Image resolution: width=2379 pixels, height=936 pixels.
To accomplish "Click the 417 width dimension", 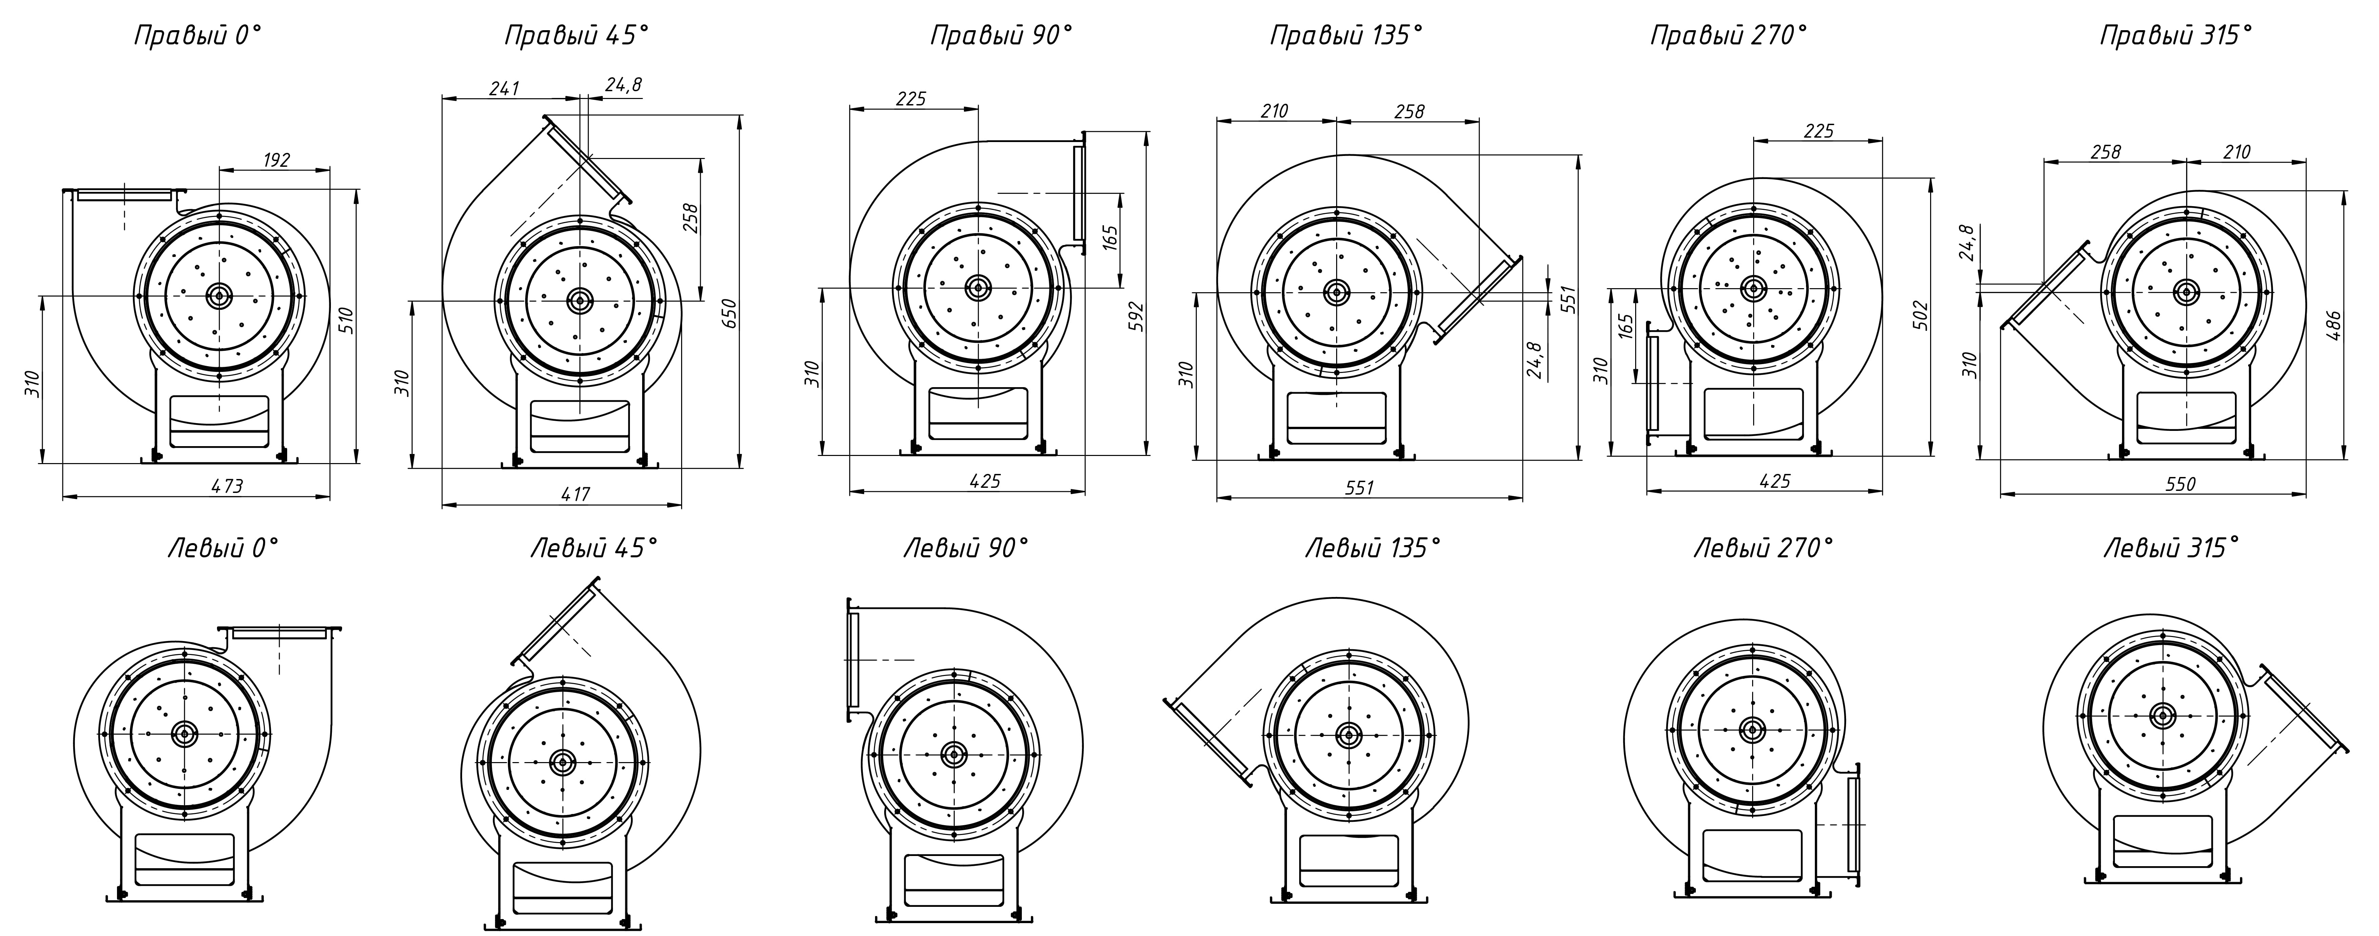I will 575,495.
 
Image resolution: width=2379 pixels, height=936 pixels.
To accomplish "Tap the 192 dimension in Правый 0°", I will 276,160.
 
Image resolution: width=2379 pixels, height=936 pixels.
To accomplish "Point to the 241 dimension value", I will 504,88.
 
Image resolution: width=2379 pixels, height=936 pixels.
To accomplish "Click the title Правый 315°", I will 2176,36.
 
